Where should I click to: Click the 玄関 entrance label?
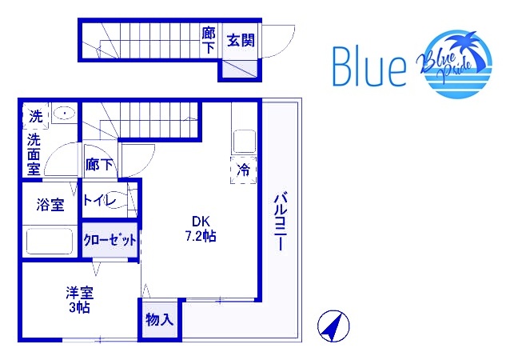coord(241,40)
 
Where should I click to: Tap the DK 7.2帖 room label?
coord(201,229)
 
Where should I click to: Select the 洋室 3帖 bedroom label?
coord(79,299)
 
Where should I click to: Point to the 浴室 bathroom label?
coord(50,205)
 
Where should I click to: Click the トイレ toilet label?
coord(100,201)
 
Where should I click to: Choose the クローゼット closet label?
coord(110,240)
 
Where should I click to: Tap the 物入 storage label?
coord(159,319)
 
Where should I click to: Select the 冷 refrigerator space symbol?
coord(244,170)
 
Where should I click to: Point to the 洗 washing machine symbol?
coord(35,116)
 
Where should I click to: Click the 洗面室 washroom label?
coord(34,154)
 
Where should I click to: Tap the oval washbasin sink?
coord(64,113)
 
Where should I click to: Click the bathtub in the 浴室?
coord(50,242)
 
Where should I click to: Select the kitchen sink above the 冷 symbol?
coord(245,142)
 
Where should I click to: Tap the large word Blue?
coord(369,66)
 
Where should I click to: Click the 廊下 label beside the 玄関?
coord(209,40)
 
